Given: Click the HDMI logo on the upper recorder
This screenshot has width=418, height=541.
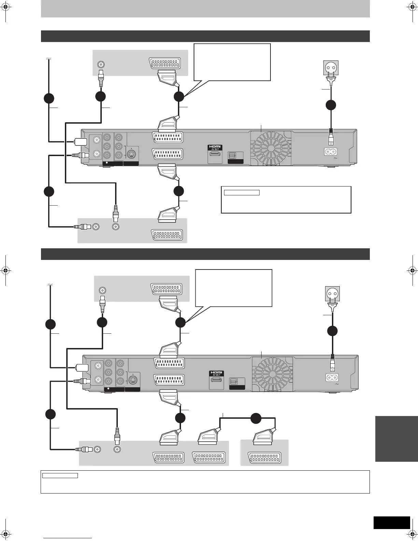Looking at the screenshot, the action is coord(215,148).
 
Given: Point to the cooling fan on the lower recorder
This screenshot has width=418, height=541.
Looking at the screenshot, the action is coord(272,373).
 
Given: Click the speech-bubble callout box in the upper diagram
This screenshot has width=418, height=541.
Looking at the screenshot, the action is coord(232,62).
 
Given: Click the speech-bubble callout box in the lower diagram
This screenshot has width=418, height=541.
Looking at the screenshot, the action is coord(234,288).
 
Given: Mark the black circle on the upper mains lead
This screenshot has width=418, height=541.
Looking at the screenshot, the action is coord(331,105).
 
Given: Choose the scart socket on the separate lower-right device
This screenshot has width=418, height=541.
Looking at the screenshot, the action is coord(265,458).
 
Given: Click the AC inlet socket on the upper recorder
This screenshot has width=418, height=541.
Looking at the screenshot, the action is coord(331,152).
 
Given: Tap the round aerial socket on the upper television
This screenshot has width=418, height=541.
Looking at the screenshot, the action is coord(101,64).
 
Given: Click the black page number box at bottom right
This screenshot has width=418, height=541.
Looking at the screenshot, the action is coord(391,523).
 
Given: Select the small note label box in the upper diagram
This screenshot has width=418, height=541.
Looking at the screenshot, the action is coord(242,193).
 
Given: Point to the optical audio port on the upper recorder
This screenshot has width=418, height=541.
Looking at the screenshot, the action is coord(232,155).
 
